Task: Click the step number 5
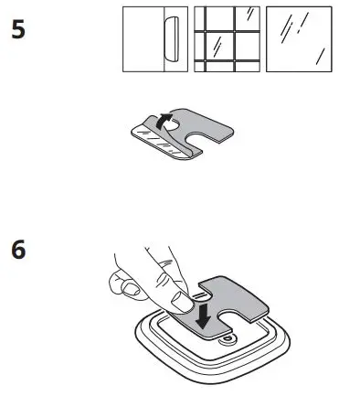[x=16, y=30]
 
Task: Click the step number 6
[x=16, y=250]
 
